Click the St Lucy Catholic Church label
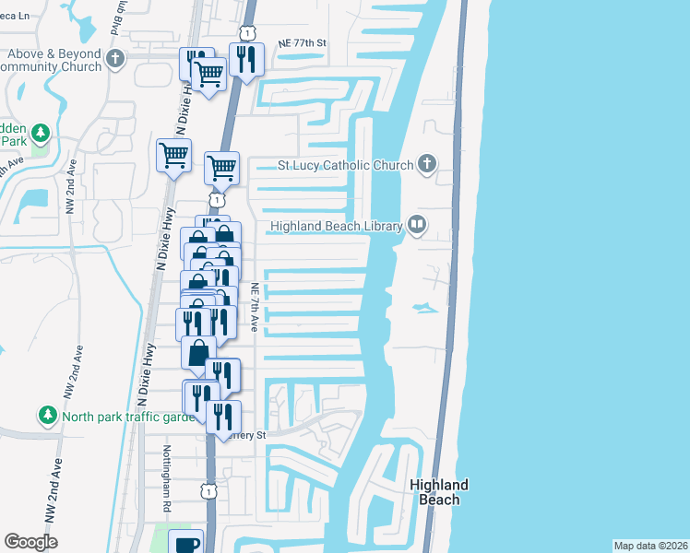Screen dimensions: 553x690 click(x=345, y=167)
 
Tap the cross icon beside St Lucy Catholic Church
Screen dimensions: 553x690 click(x=426, y=165)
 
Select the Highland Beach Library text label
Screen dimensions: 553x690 click(x=336, y=226)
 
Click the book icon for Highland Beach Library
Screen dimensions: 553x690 click(x=417, y=225)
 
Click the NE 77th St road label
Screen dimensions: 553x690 click(x=303, y=43)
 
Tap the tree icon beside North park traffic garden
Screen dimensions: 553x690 click(x=48, y=417)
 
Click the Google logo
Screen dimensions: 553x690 click(x=30, y=542)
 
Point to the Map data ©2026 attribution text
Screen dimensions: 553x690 click(x=650, y=546)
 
